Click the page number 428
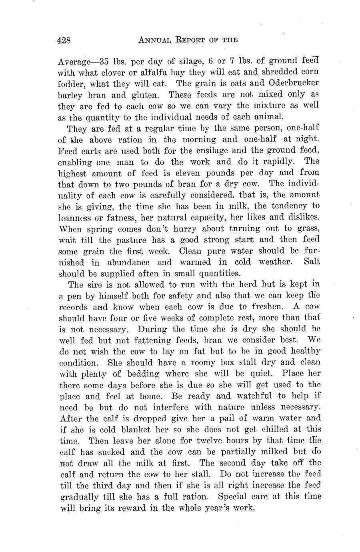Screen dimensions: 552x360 (x=64, y=40)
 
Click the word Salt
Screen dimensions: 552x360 (x=312, y=262)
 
